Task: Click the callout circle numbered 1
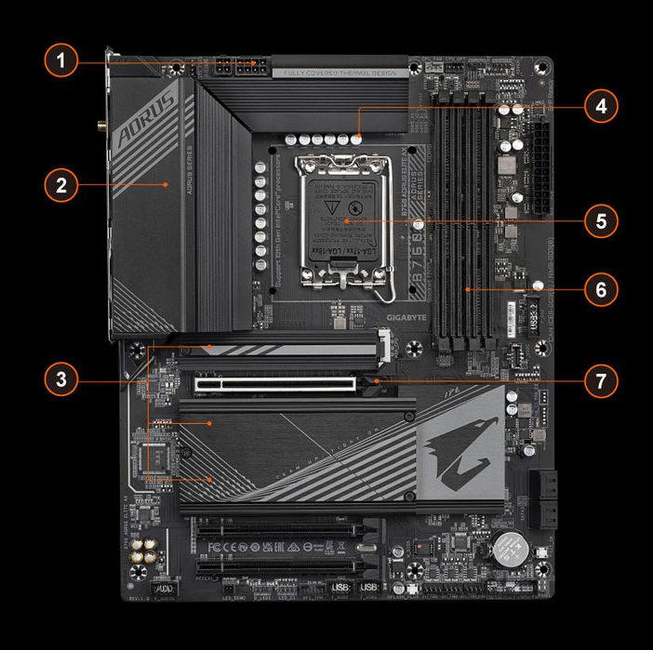[60, 63]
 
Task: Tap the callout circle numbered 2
[60, 184]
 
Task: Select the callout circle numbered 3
[60, 379]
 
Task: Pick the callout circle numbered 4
[601, 107]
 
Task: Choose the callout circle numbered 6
[601, 289]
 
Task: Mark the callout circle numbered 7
[601, 380]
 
